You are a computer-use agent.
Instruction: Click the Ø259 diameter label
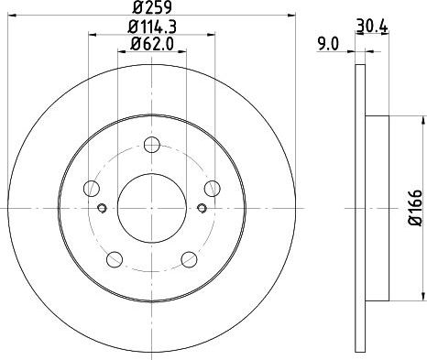coord(152,7)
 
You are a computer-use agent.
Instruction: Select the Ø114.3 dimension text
coord(152,27)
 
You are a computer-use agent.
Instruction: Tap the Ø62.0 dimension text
coord(152,44)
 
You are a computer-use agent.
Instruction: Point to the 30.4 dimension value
coord(372,26)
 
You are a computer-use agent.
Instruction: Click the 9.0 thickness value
coord(328,45)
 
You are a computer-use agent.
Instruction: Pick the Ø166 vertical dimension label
coord(415,208)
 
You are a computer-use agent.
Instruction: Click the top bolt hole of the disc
coord(152,145)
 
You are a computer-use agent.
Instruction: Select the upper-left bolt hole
coord(92,188)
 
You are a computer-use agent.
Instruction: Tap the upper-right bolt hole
coord(213,189)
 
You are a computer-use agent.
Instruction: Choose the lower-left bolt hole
coord(115,259)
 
